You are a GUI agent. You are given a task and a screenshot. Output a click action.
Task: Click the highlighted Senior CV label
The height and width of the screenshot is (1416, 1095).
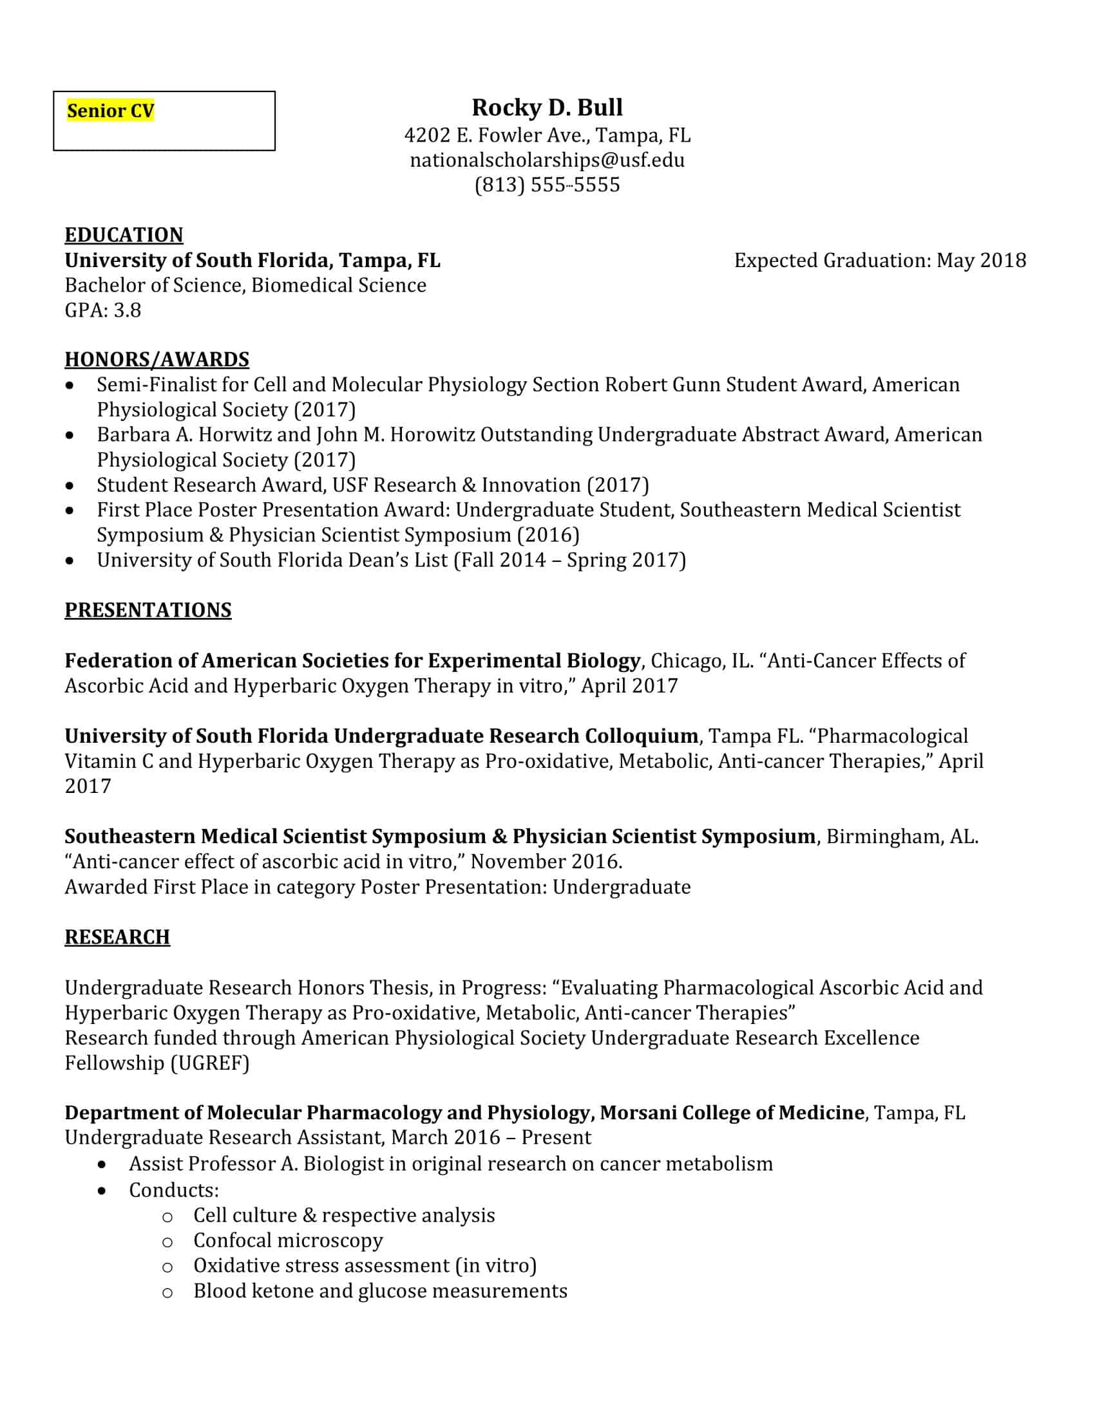(x=110, y=111)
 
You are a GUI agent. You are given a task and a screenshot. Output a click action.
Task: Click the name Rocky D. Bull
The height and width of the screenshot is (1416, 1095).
(x=547, y=107)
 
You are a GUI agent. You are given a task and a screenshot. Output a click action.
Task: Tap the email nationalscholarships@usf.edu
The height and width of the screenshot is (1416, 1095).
(x=547, y=160)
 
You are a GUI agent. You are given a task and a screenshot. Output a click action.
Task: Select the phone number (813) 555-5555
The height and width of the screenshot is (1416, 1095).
(x=547, y=185)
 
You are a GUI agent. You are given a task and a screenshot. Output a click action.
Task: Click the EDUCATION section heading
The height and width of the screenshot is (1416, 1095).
(x=124, y=235)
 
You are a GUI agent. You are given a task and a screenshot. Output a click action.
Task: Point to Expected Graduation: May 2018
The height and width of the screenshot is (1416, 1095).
(x=880, y=261)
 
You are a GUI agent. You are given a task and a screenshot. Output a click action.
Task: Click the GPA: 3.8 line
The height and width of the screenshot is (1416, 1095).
(x=102, y=311)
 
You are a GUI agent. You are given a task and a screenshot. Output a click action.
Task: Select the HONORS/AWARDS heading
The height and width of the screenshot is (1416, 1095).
(x=157, y=360)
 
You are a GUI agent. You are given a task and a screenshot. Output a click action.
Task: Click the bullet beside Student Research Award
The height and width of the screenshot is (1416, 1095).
(x=70, y=485)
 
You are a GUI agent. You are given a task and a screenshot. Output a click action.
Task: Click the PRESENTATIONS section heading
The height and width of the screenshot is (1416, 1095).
(x=148, y=611)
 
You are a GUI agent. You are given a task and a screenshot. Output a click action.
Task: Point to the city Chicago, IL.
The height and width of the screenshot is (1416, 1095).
(x=701, y=661)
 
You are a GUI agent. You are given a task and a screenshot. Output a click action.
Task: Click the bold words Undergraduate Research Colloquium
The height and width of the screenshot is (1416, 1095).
(x=516, y=736)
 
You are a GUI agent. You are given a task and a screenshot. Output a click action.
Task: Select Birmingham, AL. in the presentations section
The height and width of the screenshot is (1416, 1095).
(x=902, y=837)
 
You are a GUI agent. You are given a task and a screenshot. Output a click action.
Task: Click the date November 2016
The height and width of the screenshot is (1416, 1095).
(x=546, y=862)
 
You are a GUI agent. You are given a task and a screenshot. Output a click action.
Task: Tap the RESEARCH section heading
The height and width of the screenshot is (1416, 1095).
(x=117, y=938)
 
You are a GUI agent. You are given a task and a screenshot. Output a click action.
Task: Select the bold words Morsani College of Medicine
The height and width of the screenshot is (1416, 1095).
(x=732, y=1113)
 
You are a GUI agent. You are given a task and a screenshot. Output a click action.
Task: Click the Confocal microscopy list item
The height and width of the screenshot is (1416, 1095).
(x=288, y=1240)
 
